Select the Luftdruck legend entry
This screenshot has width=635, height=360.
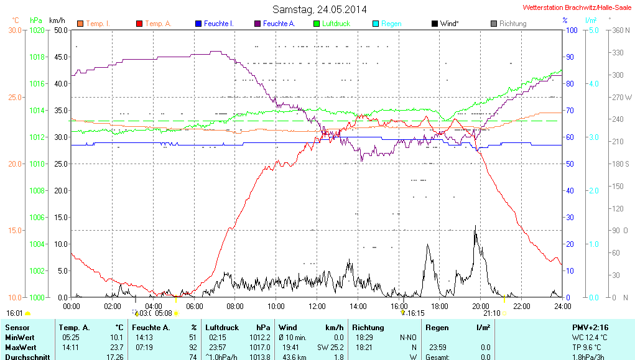click(x=333, y=24)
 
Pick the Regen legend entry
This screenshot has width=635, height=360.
click(x=387, y=24)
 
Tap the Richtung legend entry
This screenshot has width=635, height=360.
click(x=509, y=24)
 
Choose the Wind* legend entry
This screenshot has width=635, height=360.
click(x=445, y=24)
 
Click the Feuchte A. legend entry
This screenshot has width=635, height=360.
click(x=274, y=24)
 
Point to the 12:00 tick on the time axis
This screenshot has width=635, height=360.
click(x=317, y=306)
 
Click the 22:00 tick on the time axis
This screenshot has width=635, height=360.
click(x=521, y=306)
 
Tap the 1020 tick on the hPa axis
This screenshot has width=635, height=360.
click(x=37, y=30)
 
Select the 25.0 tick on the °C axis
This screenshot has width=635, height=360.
click(x=14, y=97)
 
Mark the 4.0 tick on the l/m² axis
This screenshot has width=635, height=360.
click(x=593, y=83)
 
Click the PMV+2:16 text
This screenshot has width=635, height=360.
click(x=591, y=327)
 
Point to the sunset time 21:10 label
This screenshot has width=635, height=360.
click(x=491, y=313)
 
